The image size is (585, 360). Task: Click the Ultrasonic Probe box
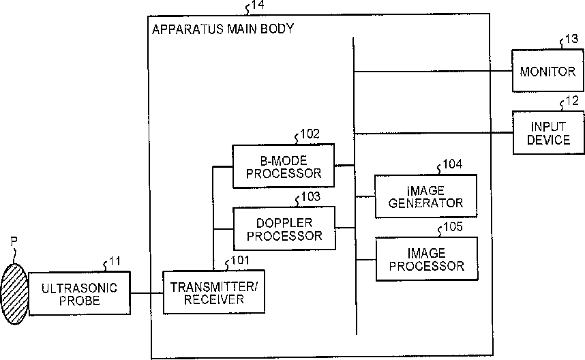click(x=80, y=294)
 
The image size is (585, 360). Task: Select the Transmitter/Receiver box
click(x=214, y=292)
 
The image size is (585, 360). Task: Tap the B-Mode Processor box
click(x=284, y=166)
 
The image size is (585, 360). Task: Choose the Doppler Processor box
click(x=284, y=228)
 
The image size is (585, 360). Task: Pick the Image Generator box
click(x=425, y=196)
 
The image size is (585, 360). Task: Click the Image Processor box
click(x=426, y=259)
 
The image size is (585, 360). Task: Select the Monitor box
click(x=547, y=71)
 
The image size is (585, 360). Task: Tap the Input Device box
click(x=548, y=133)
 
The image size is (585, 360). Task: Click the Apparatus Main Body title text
click(x=223, y=29)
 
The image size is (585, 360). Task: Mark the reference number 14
click(x=258, y=5)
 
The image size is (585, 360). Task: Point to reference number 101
click(x=240, y=260)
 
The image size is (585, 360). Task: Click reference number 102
click(x=310, y=134)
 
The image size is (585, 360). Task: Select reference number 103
click(x=311, y=196)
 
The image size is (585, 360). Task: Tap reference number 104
click(x=452, y=164)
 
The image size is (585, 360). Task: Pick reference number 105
click(x=453, y=227)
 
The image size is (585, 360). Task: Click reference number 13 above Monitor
click(x=571, y=39)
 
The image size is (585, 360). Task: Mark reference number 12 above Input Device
click(x=572, y=101)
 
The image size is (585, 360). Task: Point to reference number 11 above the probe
click(x=115, y=261)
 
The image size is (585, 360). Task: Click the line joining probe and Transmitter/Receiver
click(x=147, y=293)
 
